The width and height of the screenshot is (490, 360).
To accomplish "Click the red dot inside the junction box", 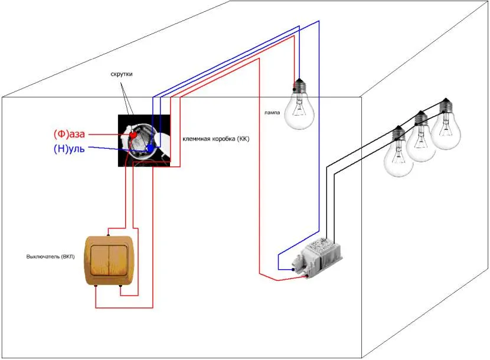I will click(133, 135).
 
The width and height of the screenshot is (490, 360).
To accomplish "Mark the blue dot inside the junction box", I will click(151, 146).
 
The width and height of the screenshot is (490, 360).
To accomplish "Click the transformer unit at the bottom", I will click(322, 257).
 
